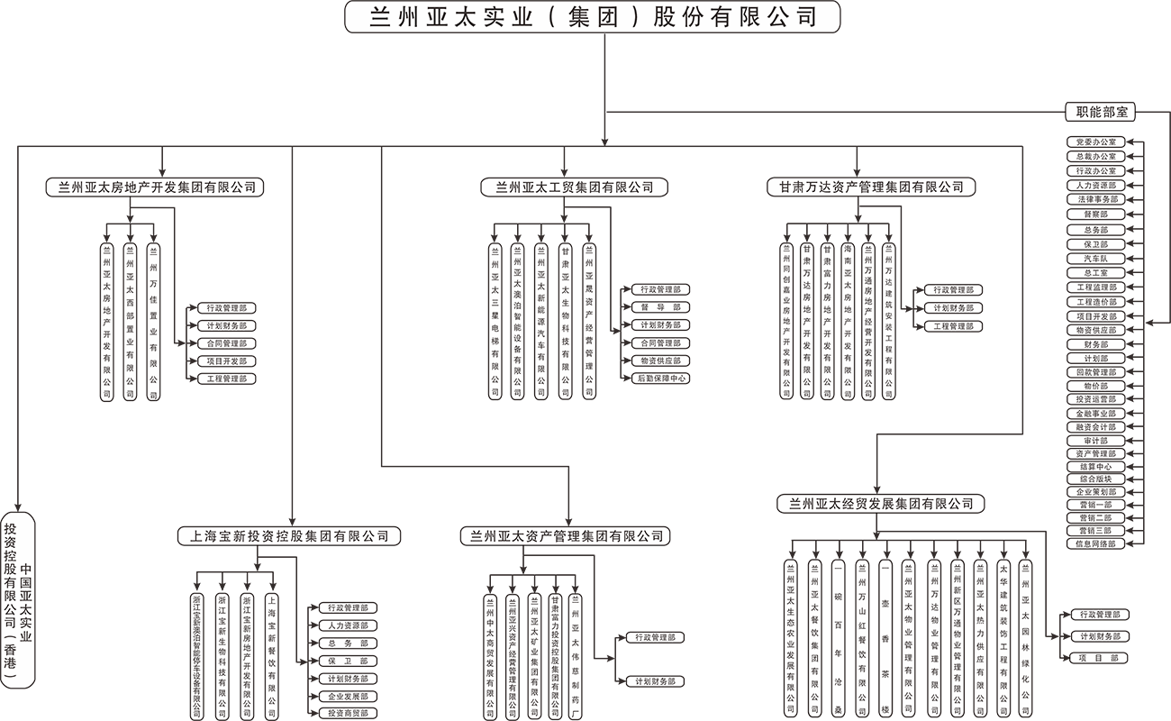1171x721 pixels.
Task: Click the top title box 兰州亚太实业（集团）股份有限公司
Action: [x=593, y=17]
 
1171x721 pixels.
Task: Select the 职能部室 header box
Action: [x=1095, y=113]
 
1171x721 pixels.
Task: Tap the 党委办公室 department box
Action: [x=1095, y=142]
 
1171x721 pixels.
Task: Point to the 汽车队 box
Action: [x=1095, y=259]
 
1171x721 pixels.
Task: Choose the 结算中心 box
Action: [x=1095, y=467]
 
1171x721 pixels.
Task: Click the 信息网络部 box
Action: [x=1095, y=544]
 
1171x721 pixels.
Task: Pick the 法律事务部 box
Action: [x=1095, y=199]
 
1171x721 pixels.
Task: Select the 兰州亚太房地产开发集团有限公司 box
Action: [x=155, y=187]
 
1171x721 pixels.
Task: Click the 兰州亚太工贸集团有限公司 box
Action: [x=567, y=187]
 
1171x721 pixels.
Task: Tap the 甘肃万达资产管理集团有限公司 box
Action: [x=865, y=187]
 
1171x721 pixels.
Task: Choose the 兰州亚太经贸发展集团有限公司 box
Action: [x=880, y=504]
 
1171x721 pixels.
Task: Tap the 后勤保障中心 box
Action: [x=660, y=379]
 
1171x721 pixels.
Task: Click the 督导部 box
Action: [x=660, y=307]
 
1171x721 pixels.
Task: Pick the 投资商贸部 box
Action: [x=343, y=713]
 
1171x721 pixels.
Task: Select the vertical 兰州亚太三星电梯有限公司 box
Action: [x=495, y=321]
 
